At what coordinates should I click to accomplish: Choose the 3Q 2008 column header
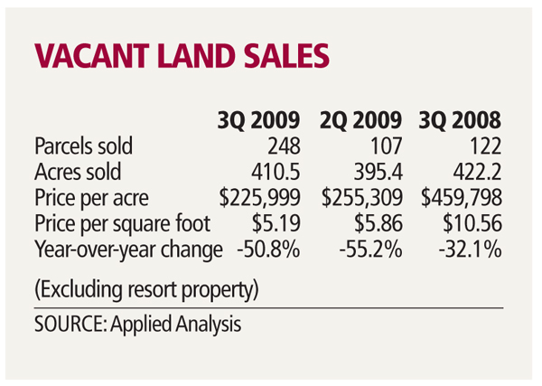[460, 120]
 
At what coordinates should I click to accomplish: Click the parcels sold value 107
[387, 146]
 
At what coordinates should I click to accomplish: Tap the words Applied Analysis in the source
[188, 325]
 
